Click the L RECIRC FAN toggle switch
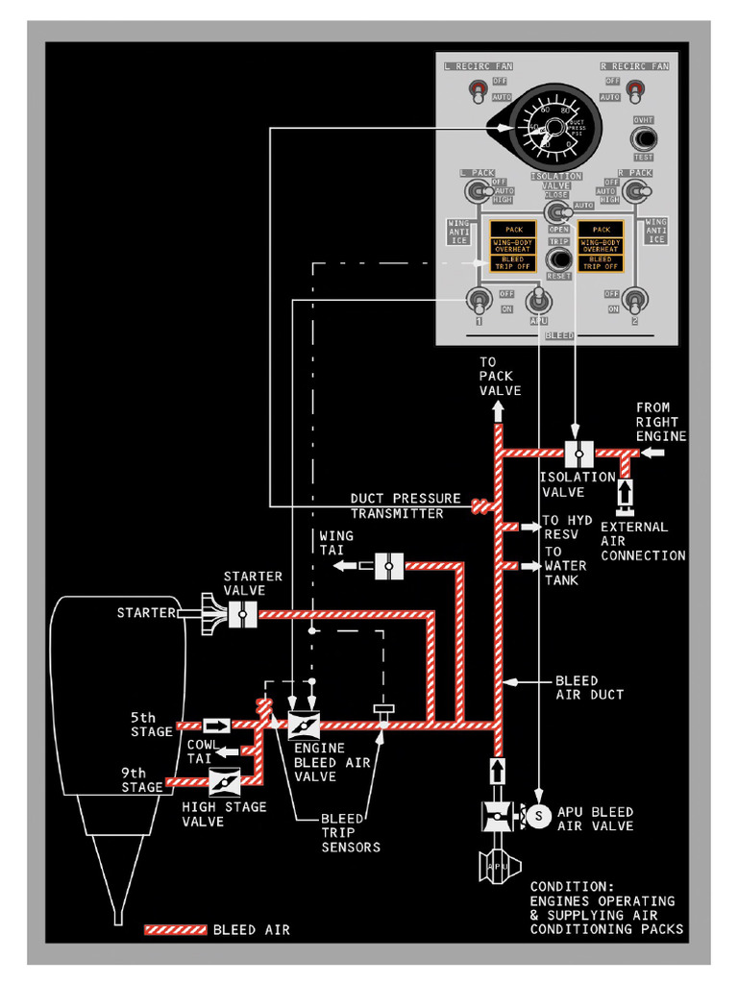click(x=477, y=91)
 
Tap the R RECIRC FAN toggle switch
click(x=634, y=90)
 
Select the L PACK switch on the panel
click(x=475, y=191)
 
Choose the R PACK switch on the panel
click(x=634, y=191)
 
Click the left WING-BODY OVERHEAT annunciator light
click(x=514, y=245)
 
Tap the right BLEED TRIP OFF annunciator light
click(x=601, y=262)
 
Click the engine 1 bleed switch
click(x=477, y=301)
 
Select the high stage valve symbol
click(x=224, y=782)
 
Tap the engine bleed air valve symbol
click(x=303, y=726)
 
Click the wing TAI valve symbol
click(x=389, y=567)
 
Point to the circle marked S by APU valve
click(x=538, y=815)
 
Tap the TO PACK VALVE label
click(x=500, y=376)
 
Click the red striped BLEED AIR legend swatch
click(x=175, y=929)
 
